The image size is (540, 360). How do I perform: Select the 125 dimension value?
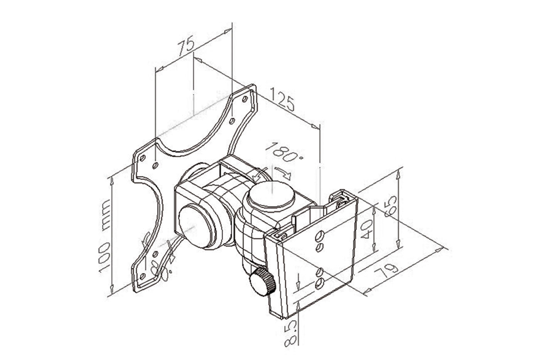[283, 99]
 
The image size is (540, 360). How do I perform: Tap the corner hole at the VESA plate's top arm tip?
[244, 99]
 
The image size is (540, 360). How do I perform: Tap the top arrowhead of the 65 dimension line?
[399, 175]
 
